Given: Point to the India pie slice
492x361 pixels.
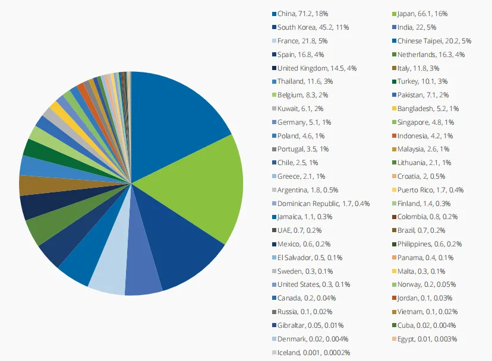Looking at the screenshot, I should coord(143,279).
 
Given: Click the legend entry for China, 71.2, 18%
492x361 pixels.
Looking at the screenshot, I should coord(304,14).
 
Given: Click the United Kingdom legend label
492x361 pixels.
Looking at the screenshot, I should coord(317,68).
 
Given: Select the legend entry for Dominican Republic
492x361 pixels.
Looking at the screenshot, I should coord(323,204).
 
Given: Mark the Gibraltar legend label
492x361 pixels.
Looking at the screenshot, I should coord(310,325).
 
